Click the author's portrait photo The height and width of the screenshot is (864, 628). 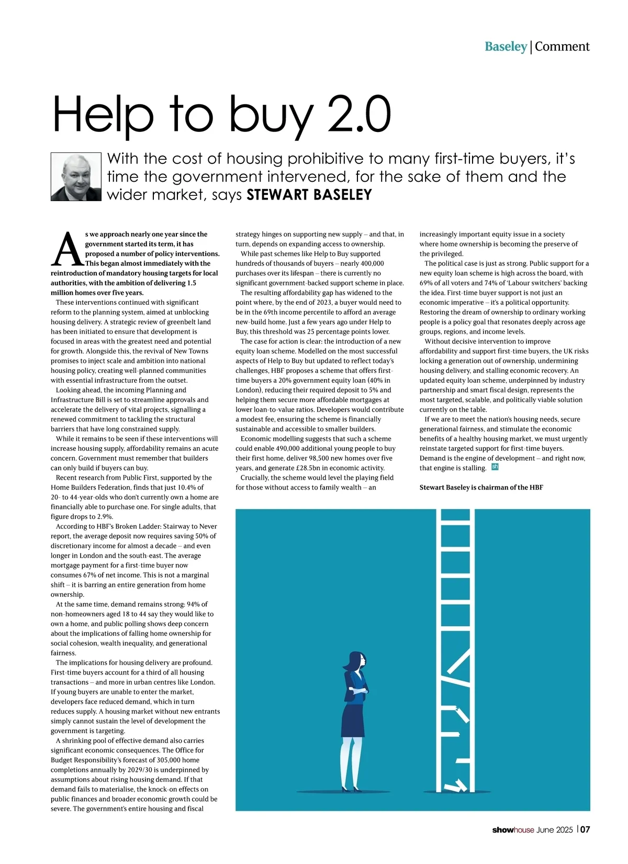click(x=76, y=177)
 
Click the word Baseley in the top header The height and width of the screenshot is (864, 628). click(x=506, y=47)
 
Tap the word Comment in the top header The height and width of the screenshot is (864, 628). click(x=562, y=47)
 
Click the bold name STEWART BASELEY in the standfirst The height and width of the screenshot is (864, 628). click(x=309, y=195)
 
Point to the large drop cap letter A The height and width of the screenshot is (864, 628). click(x=67, y=249)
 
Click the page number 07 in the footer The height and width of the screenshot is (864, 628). click(x=585, y=829)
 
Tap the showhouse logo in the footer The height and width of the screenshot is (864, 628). click(x=513, y=830)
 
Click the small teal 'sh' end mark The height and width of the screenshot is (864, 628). click(x=495, y=467)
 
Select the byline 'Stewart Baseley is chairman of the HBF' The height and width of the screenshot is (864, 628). click(x=481, y=488)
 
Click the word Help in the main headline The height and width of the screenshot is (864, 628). click(x=103, y=115)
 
